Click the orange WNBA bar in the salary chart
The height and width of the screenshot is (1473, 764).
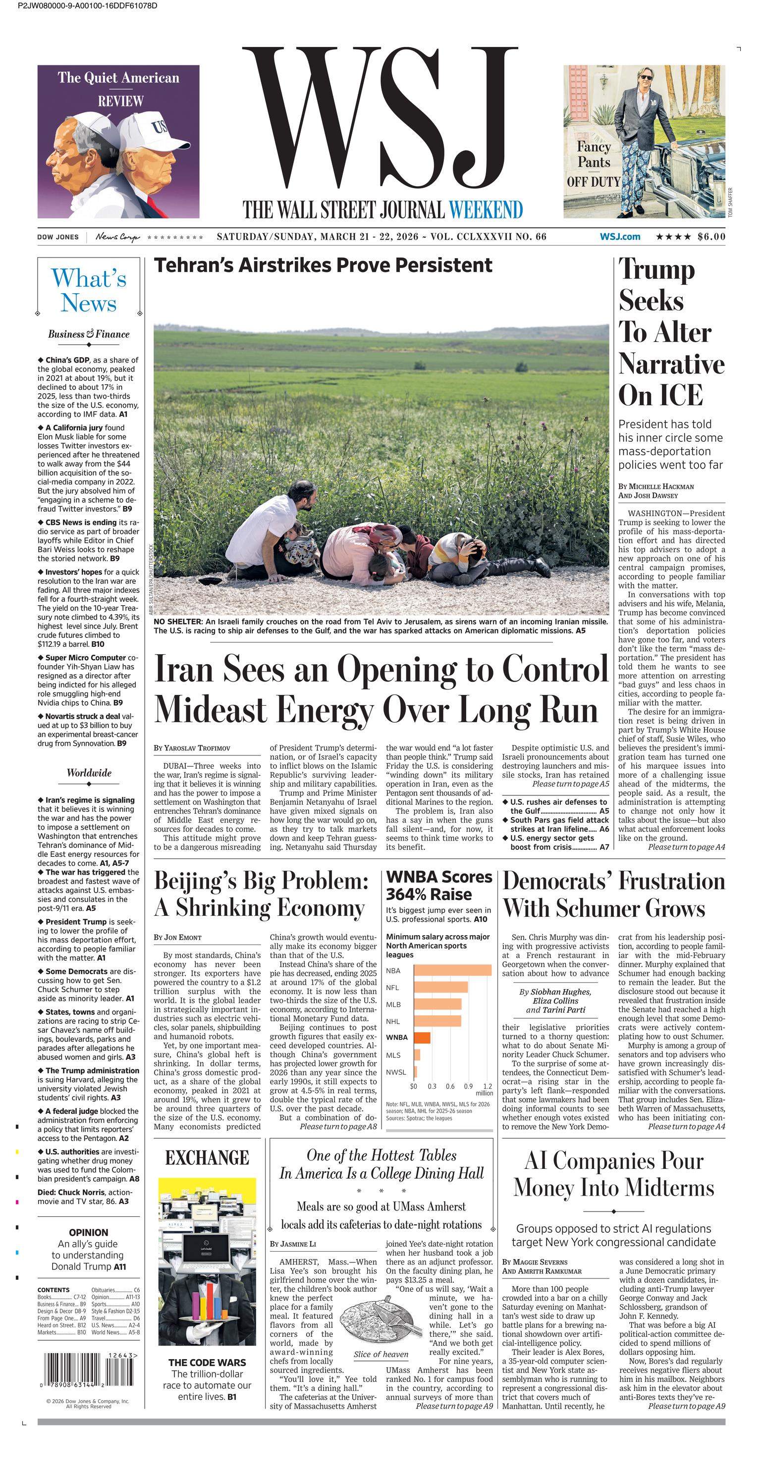click(x=422, y=1037)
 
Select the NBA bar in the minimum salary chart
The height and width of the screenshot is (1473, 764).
click(x=452, y=970)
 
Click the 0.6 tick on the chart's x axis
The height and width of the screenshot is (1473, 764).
click(x=450, y=1086)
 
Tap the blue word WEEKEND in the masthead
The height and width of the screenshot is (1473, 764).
click(x=486, y=210)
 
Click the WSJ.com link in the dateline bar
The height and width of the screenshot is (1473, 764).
click(x=620, y=237)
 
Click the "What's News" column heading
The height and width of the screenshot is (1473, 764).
click(x=89, y=290)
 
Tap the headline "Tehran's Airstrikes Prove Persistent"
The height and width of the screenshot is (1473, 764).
click(x=323, y=265)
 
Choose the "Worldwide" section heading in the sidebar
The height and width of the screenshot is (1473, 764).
click(x=89, y=773)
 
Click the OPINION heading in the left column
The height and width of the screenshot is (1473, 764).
click(x=89, y=1232)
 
